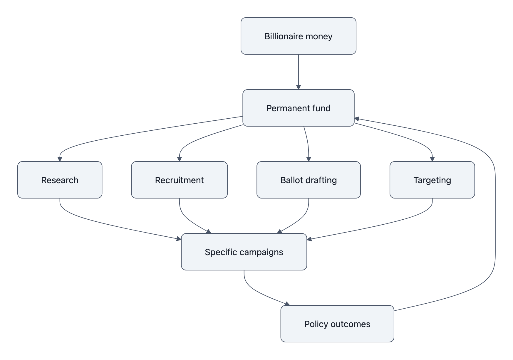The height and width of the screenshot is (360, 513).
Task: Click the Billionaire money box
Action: [x=298, y=36]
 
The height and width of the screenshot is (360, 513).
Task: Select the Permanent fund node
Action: [x=298, y=108]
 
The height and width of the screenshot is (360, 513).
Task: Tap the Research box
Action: [x=60, y=180]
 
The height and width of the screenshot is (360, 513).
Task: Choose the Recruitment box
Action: [x=179, y=180]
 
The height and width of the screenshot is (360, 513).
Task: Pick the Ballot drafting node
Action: [x=309, y=180]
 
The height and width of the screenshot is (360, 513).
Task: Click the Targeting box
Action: [x=432, y=180]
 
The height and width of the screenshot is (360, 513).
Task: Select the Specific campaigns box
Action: [x=244, y=252]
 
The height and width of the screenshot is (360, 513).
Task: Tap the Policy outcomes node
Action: [x=337, y=324]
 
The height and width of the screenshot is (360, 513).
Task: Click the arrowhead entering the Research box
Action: [x=60, y=159]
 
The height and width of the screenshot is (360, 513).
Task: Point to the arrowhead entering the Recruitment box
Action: [x=179, y=159]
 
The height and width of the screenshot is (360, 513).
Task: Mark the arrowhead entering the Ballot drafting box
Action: [x=309, y=159]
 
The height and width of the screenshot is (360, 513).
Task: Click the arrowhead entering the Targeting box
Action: [x=432, y=159]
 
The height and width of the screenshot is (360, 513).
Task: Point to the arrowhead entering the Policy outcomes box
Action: [x=287, y=304]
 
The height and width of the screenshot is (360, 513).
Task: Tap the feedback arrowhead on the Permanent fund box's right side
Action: [x=357, y=119]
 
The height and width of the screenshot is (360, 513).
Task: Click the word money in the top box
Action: [x=319, y=36]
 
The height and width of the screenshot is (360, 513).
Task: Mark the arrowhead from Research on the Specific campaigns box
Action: [x=179, y=239]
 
